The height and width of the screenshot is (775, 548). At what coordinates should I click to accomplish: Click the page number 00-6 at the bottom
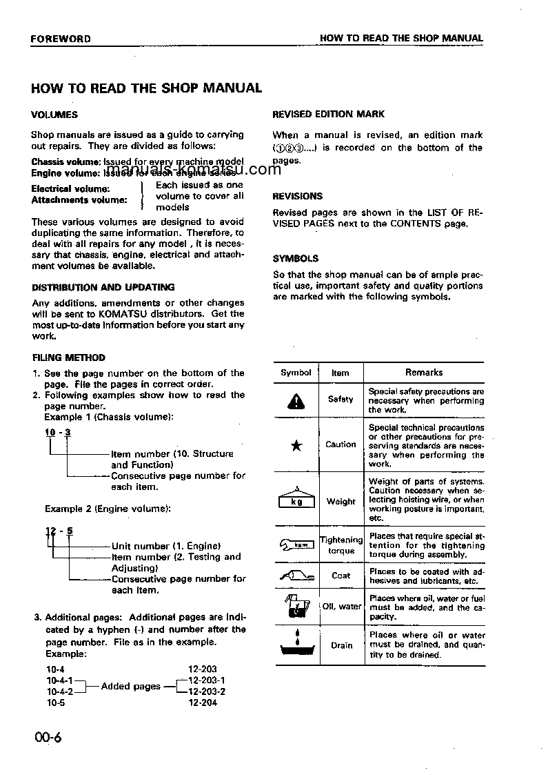click(47, 738)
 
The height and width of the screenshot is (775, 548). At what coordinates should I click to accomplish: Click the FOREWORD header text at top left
click(61, 39)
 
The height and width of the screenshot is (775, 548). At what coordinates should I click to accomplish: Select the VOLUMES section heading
click(54, 115)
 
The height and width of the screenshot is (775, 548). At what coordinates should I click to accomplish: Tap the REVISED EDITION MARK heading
click(329, 114)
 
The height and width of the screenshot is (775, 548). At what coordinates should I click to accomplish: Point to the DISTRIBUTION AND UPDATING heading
click(103, 287)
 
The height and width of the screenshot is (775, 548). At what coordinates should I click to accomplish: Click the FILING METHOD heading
click(69, 357)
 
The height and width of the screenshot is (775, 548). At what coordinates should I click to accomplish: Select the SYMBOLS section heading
click(296, 258)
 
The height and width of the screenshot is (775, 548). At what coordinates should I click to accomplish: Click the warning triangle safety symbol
click(296, 400)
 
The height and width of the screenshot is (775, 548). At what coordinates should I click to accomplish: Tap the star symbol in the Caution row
click(296, 445)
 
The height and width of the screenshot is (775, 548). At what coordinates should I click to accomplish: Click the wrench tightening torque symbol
click(296, 545)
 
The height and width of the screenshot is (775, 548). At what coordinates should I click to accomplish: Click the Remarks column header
click(424, 372)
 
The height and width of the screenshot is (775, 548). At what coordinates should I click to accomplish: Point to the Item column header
click(341, 373)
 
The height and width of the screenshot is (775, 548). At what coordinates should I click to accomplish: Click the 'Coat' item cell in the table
click(341, 575)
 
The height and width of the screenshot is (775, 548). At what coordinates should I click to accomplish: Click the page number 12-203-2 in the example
click(207, 691)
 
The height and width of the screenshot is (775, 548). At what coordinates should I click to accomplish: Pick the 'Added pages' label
click(131, 686)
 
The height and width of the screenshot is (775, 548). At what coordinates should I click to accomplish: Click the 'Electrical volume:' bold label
click(70, 188)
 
